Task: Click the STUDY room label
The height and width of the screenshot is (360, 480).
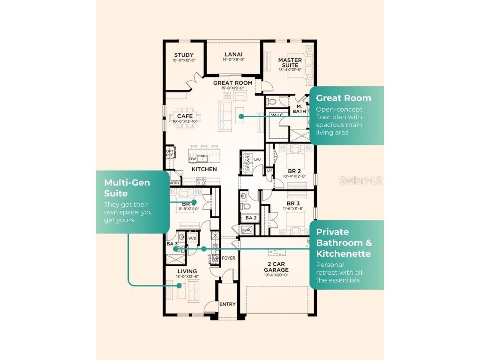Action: tap(184, 55)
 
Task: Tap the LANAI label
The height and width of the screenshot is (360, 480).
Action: tap(233, 54)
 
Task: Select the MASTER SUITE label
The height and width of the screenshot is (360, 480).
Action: tap(290, 63)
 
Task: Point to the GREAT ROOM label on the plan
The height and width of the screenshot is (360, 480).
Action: tap(232, 83)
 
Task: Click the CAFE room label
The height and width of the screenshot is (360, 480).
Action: tap(185, 116)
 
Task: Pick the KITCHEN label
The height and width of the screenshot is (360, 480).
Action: tap(204, 169)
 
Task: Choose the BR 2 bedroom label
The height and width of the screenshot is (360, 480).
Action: tap(294, 171)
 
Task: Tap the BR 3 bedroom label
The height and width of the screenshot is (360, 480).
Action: tap(294, 203)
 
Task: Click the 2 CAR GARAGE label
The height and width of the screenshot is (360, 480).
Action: tap(276, 267)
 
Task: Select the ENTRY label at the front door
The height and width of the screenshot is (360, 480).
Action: tap(227, 305)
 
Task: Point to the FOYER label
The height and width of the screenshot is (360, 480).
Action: tap(228, 258)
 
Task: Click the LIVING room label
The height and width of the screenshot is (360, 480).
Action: tap(187, 271)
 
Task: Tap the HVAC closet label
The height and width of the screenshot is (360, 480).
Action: tap(247, 229)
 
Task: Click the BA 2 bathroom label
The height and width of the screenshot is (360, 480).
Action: tap(251, 218)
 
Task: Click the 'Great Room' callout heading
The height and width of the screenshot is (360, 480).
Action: tap(343, 98)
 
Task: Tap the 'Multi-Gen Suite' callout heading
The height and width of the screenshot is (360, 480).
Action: tap(127, 187)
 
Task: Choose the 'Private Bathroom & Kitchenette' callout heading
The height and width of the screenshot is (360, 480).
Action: tap(344, 243)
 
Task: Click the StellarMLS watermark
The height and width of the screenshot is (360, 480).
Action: tap(360, 180)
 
